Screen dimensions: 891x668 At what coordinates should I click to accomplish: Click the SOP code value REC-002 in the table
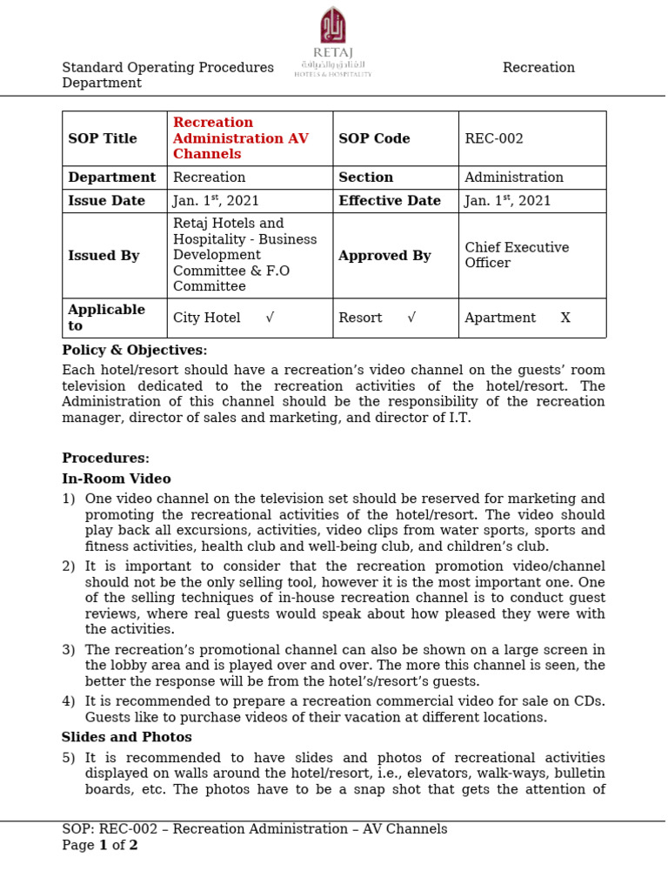494,138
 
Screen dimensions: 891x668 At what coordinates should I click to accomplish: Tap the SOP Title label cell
103,138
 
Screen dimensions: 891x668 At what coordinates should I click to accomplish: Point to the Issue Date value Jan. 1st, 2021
216,201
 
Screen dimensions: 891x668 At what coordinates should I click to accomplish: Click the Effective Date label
390,201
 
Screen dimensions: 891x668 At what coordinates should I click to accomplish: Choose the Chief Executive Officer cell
517,255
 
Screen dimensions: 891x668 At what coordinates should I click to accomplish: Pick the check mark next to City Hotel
270,318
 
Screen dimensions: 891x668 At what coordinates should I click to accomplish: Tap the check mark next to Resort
411,318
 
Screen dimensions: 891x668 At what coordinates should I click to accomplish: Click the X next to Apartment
565,318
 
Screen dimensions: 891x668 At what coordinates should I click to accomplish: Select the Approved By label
384,256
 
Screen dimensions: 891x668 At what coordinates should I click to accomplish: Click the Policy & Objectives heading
135,351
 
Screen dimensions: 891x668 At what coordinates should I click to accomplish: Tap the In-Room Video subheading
117,479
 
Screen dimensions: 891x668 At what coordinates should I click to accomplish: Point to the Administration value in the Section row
514,178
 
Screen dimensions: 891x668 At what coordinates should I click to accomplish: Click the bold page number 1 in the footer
103,846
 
